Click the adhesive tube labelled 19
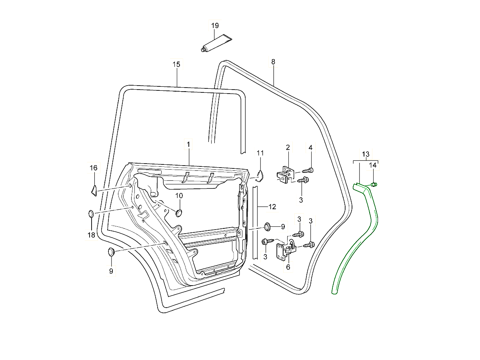pyautogui.click(x=216, y=44)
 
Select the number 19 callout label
pyautogui.click(x=215, y=26)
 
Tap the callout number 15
pyautogui.click(x=176, y=64)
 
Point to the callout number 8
pyautogui.click(x=273, y=62)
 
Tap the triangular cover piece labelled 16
pyautogui.click(x=94, y=190)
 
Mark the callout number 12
pyautogui.click(x=272, y=207)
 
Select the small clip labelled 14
pyautogui.click(x=374, y=184)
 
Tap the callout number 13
pyautogui.click(x=366, y=154)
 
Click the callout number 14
pyautogui.click(x=372, y=165)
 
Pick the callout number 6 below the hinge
pyautogui.click(x=288, y=267)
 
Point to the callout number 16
pyautogui.click(x=93, y=168)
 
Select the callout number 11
pyautogui.click(x=260, y=153)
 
